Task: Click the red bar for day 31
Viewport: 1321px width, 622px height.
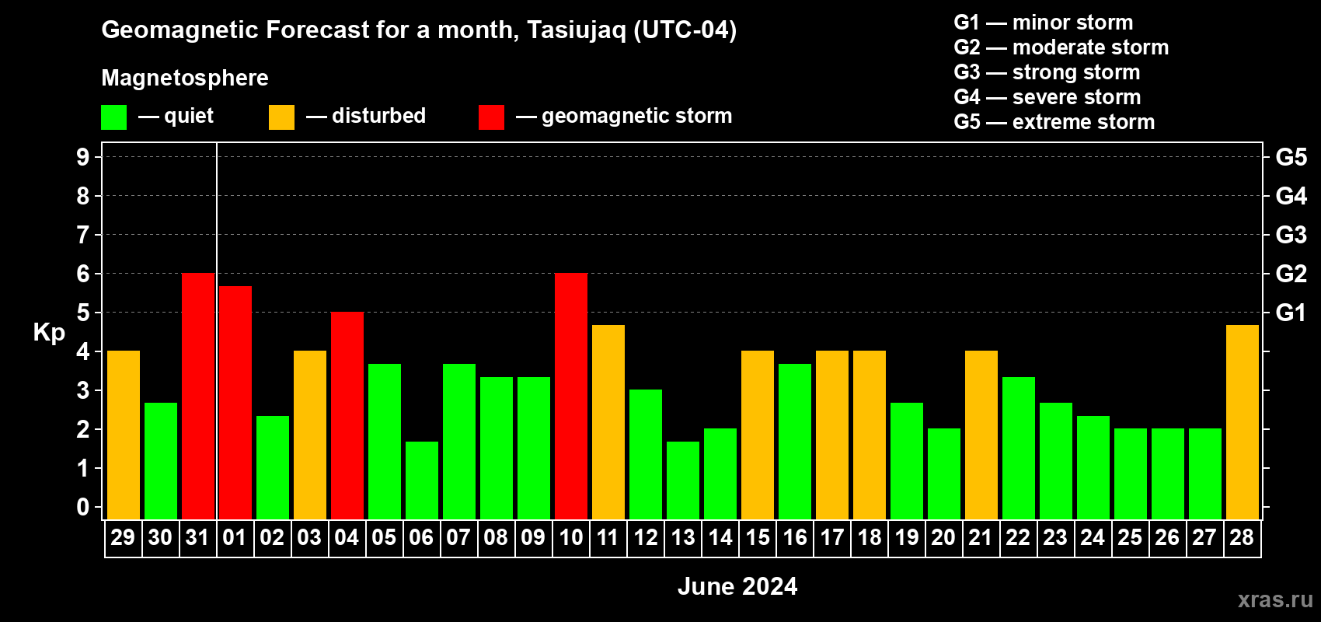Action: (198, 396)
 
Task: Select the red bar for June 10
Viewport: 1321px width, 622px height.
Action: (571, 396)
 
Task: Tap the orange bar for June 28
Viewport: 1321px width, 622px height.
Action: (1242, 422)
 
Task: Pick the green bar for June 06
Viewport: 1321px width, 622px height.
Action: (422, 480)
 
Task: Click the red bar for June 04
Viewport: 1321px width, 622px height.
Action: (347, 415)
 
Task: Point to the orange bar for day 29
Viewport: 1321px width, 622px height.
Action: (124, 435)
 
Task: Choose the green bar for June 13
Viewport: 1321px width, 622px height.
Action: (683, 480)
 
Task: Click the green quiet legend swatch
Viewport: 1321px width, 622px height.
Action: (113, 117)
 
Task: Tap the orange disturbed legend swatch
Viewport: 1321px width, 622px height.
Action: (281, 117)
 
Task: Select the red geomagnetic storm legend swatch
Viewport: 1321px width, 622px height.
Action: (491, 117)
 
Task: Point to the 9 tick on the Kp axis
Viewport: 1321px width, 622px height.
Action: (82, 157)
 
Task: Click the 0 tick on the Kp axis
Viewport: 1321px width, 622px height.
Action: (82, 507)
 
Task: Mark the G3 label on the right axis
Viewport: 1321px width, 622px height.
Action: (1291, 235)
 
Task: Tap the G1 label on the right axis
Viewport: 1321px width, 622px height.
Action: (1291, 313)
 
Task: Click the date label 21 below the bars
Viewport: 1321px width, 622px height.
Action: (981, 537)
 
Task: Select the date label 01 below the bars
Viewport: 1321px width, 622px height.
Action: (235, 537)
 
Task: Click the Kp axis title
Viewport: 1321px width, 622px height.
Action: (49, 333)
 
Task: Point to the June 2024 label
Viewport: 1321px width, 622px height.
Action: (737, 586)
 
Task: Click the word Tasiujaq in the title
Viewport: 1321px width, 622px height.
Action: (576, 30)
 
